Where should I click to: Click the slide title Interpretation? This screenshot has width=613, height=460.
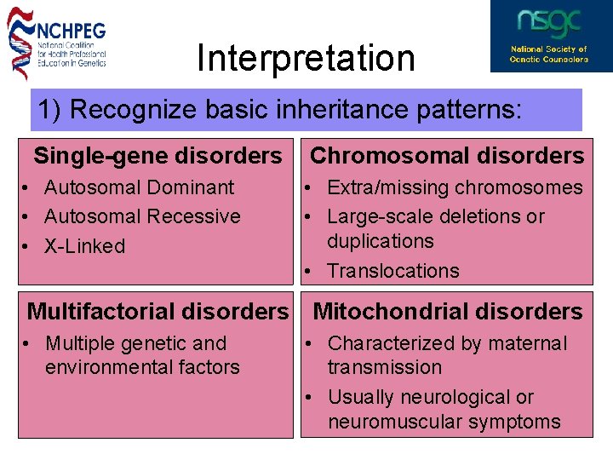pyautogui.click(x=306, y=59)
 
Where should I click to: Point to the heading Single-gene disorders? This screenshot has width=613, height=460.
pyautogui.click(x=158, y=156)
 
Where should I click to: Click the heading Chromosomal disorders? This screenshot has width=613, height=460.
pyautogui.click(x=447, y=156)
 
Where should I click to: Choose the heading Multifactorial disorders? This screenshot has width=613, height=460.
pyautogui.click(x=158, y=313)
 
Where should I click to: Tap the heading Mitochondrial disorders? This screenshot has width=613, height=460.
pyautogui.click(x=448, y=312)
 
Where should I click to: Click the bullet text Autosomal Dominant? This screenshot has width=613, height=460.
pyautogui.click(x=139, y=187)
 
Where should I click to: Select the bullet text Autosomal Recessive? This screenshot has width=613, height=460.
pyautogui.click(x=142, y=216)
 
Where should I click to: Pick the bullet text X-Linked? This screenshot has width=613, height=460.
pyautogui.click(x=84, y=246)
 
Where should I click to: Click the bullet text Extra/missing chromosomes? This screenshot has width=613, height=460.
pyautogui.click(x=455, y=187)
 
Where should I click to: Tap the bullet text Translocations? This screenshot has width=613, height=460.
pyautogui.click(x=392, y=271)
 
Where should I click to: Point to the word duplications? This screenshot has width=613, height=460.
pyautogui.click(x=380, y=241)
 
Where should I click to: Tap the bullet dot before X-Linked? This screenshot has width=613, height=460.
pyautogui.click(x=28, y=247)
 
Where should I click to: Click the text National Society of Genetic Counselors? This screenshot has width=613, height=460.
pyautogui.click(x=549, y=54)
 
